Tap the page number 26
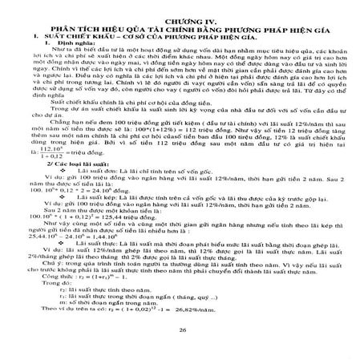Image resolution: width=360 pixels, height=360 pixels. click(x=181, y=330)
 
